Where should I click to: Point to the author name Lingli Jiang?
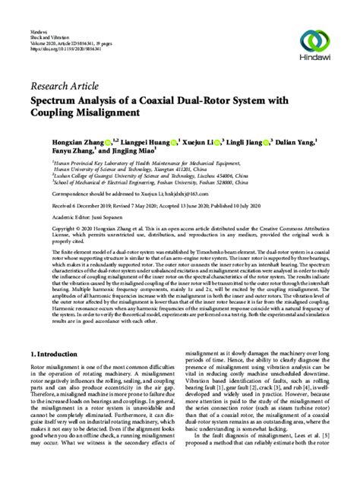(x=250, y=141)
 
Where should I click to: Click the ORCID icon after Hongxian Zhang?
(x=109, y=141)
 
